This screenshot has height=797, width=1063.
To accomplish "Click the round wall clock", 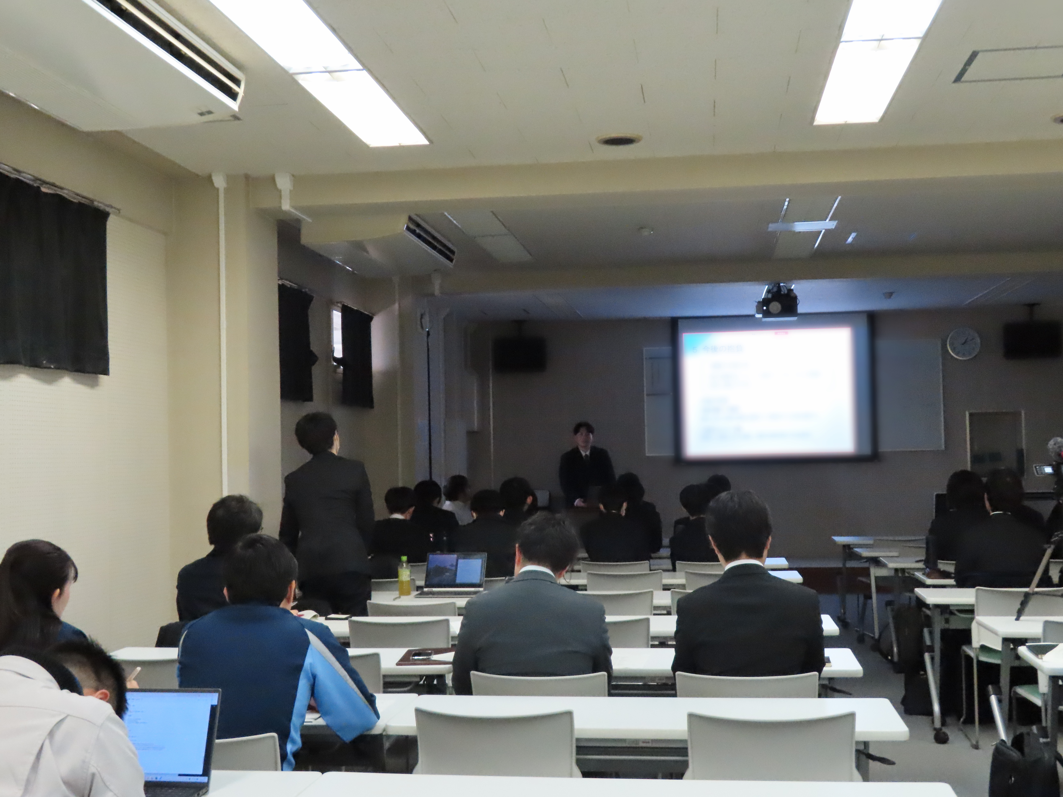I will click(964, 343).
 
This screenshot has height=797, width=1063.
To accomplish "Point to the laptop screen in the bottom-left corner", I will click(172, 730).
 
